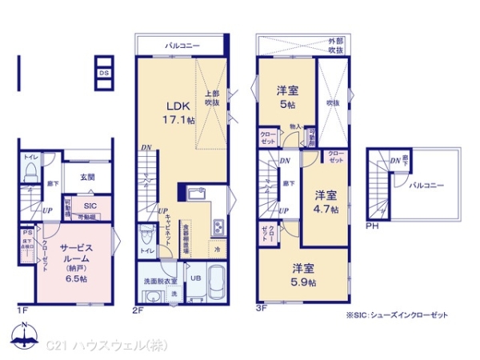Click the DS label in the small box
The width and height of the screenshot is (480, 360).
tap(104, 73)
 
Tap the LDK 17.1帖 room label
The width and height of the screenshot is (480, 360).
tap(179, 112)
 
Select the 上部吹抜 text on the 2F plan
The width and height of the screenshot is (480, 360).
tap(212, 98)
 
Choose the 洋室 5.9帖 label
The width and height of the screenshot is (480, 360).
tap(303, 276)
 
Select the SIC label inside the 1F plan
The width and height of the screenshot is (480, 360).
tap(90, 205)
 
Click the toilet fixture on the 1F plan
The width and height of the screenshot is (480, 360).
tap(31, 173)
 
